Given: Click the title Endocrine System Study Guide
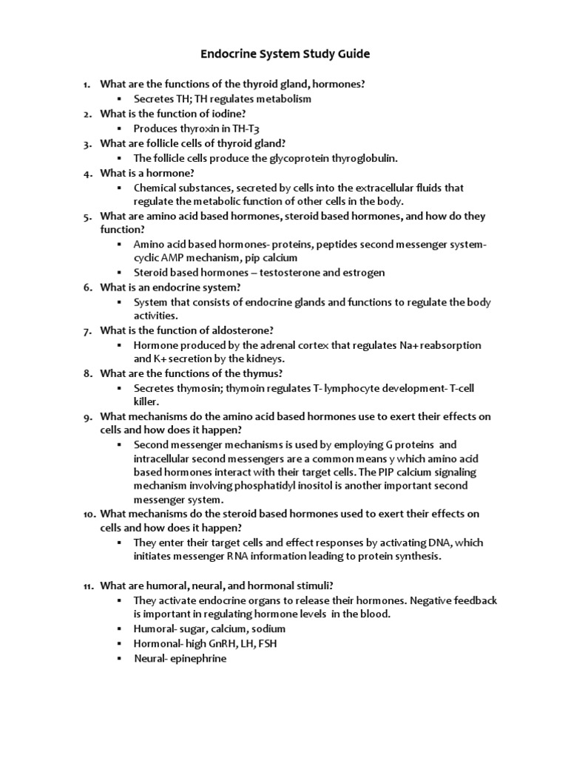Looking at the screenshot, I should coord(285,54).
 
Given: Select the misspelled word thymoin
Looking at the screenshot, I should coord(225,388).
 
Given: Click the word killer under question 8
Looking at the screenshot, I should coord(146,401).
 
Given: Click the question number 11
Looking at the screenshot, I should coord(87,585).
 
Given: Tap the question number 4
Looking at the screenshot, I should coord(87,173).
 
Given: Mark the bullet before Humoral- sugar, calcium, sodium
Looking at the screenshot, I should coord(119,628).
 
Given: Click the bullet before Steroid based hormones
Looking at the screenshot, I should coord(119,272).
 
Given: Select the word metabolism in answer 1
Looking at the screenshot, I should coord(280,98).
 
